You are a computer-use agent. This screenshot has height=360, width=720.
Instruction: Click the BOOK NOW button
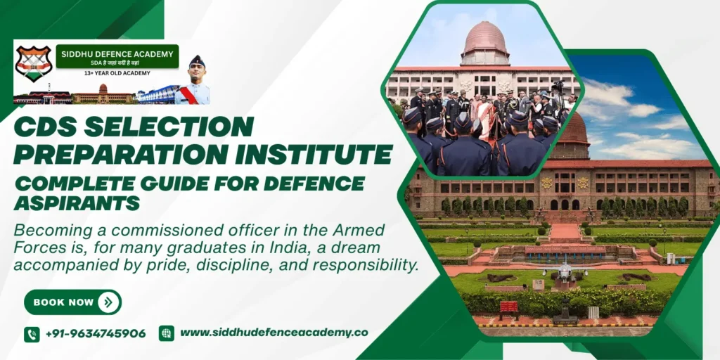point(72,302)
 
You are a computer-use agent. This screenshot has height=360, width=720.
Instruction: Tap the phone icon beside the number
point(32,334)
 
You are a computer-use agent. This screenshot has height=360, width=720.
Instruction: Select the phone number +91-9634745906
point(96,334)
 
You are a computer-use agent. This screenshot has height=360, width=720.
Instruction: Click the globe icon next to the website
point(167,333)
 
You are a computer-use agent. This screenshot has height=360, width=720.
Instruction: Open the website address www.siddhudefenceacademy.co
point(274,333)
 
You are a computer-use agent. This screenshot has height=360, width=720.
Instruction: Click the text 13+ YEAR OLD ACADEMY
point(117,72)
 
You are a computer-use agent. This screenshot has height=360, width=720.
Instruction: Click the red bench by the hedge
point(508,308)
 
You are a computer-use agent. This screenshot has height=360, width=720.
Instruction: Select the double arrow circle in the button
point(108,302)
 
